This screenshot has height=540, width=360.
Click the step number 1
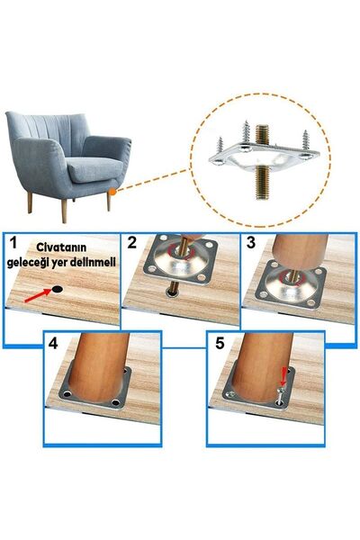13,243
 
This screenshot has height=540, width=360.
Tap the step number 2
133,242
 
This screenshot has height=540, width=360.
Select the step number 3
252,243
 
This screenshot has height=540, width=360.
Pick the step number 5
218,342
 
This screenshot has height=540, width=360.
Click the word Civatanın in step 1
62,246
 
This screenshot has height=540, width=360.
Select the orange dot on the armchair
110,190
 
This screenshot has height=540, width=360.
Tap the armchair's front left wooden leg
32,202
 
